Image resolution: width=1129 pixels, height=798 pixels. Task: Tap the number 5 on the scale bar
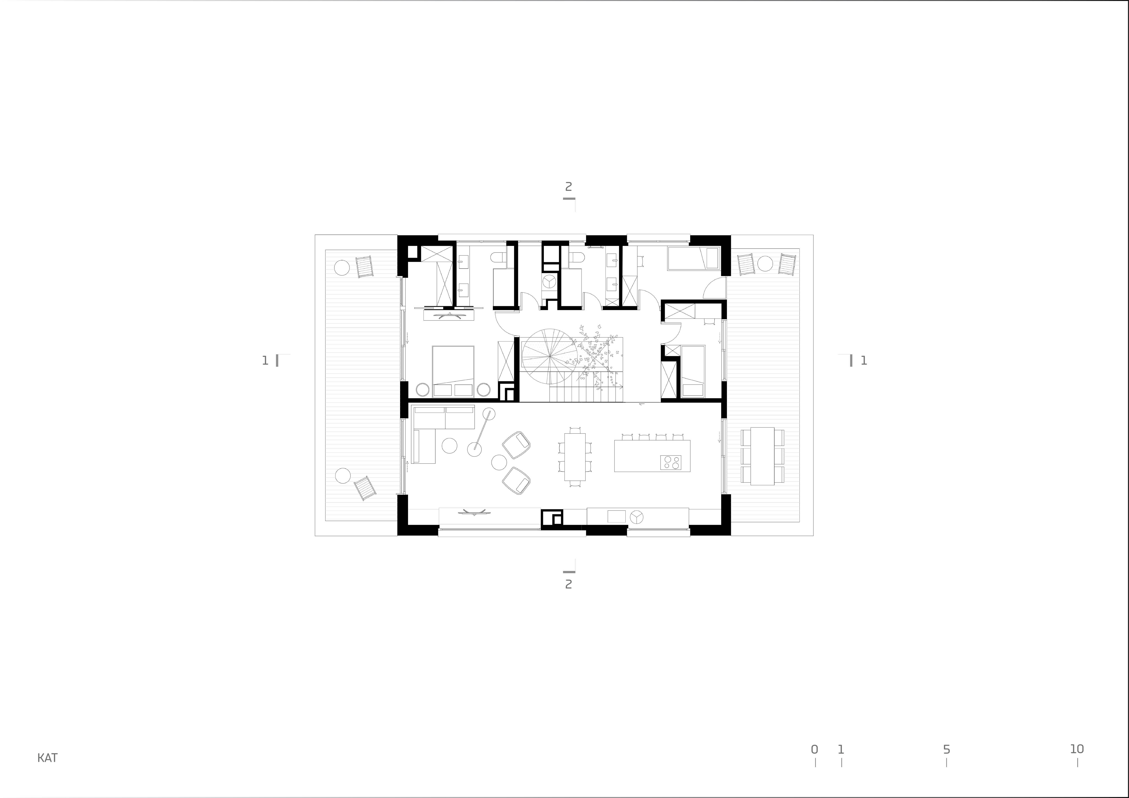946,749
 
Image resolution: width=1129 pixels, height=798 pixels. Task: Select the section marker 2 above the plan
568,187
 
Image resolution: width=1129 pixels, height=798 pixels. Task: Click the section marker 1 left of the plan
265,361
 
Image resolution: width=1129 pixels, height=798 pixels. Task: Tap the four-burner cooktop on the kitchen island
671,462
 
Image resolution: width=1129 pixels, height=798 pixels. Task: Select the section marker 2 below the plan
568,585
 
